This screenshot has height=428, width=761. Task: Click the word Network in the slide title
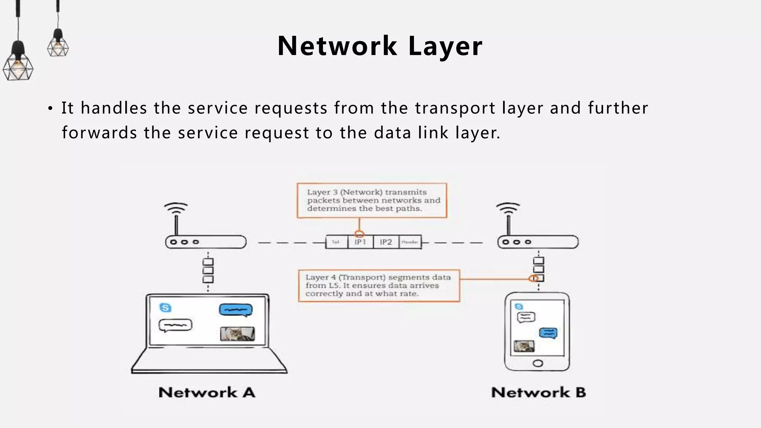click(337, 46)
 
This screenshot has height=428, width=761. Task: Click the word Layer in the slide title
click(445, 46)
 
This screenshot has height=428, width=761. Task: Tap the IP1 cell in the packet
click(360, 242)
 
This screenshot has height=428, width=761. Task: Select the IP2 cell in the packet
click(386, 242)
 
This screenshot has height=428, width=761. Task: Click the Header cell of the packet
click(410, 242)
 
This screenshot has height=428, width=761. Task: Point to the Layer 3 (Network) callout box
click(372, 200)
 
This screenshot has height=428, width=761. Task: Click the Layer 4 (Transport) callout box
click(379, 285)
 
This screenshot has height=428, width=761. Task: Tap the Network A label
click(207, 392)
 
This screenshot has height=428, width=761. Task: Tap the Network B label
click(538, 392)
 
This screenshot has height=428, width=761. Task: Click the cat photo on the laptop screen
click(237, 334)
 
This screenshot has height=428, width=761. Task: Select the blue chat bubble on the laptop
click(236, 309)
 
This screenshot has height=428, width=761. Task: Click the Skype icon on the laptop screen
click(165, 308)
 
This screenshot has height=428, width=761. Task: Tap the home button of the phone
click(538, 363)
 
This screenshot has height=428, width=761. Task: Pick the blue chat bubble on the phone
click(548, 333)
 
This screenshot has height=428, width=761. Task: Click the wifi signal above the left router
click(176, 208)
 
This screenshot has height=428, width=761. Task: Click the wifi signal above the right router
click(508, 208)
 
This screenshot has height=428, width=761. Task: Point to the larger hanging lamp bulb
click(17, 67)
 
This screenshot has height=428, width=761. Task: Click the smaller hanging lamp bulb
click(58, 47)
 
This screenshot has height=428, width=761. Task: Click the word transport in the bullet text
click(455, 108)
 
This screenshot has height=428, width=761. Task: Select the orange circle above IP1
click(359, 234)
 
